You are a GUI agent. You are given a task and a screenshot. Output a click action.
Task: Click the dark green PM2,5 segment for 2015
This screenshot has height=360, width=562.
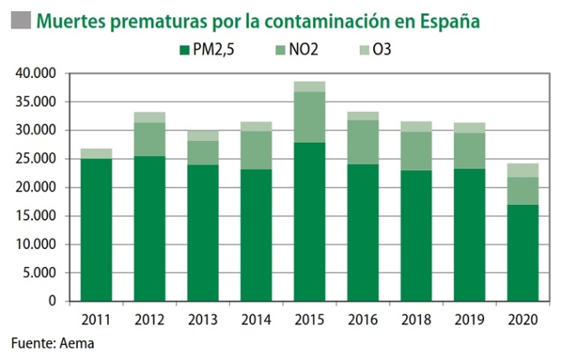(x=309, y=221)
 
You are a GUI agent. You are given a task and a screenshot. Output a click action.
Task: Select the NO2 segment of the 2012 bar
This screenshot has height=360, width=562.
(x=149, y=139)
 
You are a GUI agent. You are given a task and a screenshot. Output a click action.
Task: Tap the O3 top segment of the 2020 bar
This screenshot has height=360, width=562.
(x=523, y=170)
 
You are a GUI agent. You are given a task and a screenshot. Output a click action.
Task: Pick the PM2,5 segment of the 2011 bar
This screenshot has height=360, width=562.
(x=95, y=229)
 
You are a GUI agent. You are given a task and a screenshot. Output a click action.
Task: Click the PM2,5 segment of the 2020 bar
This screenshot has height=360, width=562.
(x=523, y=252)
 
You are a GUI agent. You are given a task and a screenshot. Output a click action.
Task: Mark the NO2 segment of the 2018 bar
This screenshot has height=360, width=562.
(x=416, y=150)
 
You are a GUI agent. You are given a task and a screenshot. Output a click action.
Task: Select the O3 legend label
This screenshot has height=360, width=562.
(x=381, y=50)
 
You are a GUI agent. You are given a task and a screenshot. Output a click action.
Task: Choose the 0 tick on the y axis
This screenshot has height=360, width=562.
(x=54, y=301)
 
